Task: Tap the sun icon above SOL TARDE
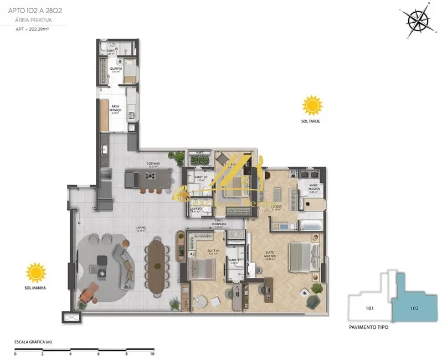tap(312, 105)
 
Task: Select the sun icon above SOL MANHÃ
tap(37, 273)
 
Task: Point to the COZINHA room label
tap(153, 164)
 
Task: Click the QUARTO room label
tap(116, 69)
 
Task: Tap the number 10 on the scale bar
tap(152, 353)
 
